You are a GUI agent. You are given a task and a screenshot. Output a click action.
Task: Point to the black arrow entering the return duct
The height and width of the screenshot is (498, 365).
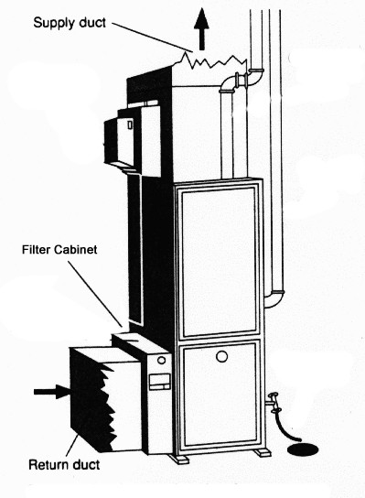54,392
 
